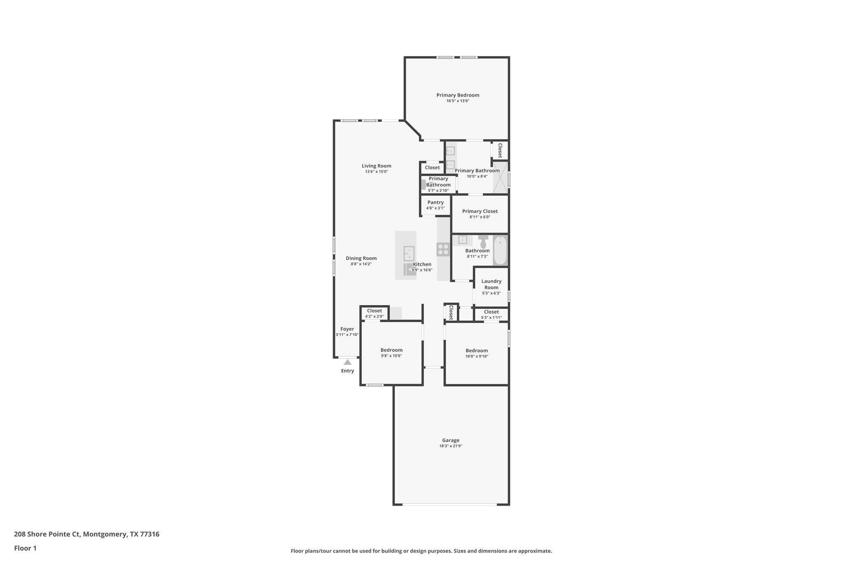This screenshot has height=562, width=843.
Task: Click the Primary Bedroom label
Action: click(458, 95)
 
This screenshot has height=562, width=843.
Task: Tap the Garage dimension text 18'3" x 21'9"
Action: click(451, 446)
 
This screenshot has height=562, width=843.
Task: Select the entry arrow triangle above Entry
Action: click(347, 362)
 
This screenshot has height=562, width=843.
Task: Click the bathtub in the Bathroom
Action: click(500, 250)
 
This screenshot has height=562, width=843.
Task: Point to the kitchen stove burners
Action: click(443, 250)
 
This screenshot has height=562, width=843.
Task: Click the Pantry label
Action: click(435, 202)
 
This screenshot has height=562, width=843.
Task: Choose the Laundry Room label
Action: click(491, 284)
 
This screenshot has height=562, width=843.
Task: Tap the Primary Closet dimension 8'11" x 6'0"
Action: click(480, 217)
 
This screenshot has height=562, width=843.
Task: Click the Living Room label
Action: click(376, 166)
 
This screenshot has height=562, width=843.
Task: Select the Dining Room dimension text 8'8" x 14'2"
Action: click(361, 264)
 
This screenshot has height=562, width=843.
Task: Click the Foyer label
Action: click(347, 329)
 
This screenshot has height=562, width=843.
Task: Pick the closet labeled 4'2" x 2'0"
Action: click(374, 313)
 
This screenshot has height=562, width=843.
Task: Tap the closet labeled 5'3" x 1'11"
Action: click(491, 315)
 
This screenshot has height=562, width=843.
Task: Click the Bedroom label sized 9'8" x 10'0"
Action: click(391, 350)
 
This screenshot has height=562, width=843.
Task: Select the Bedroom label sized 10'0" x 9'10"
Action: click(477, 350)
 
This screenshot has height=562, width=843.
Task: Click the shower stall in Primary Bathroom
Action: click(501, 177)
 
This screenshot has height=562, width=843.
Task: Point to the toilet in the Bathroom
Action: click(483, 242)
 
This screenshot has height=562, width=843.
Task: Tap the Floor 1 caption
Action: click(25, 548)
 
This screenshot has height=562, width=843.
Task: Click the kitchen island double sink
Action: click(409, 253)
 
